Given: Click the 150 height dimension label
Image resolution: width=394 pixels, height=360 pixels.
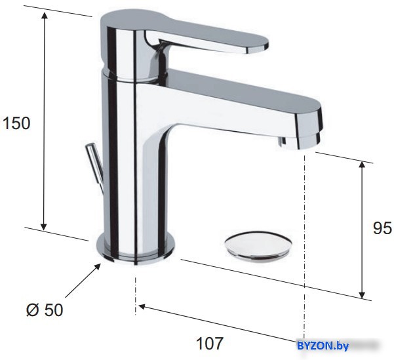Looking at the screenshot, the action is pyautogui.click(x=16, y=123).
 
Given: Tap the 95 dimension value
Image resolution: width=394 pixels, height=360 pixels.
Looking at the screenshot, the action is pyautogui.click(x=382, y=228).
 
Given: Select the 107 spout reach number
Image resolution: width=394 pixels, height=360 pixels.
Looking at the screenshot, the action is pyautogui.click(x=210, y=343).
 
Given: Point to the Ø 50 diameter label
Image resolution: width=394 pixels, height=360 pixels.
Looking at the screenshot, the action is pyautogui.click(x=45, y=310).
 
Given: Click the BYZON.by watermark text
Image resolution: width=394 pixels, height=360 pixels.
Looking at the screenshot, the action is pyautogui.click(x=323, y=346).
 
